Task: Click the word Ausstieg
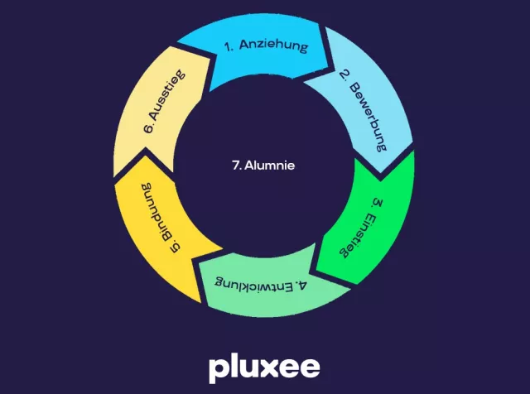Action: [165, 101]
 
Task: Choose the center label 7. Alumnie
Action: [263, 165]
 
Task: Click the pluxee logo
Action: [264, 367]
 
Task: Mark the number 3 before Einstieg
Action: [377, 203]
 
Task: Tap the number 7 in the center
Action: [235, 165]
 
